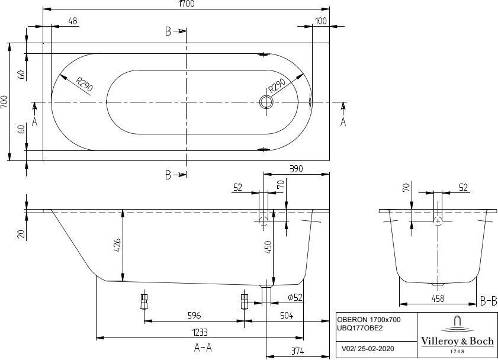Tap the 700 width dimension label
click(5, 102)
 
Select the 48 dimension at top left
click(73, 21)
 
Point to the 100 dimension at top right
click(321, 21)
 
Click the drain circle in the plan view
click(266, 102)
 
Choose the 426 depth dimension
click(117, 245)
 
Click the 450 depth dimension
click(268, 247)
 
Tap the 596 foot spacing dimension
click(194, 315)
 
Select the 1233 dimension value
click(200, 332)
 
